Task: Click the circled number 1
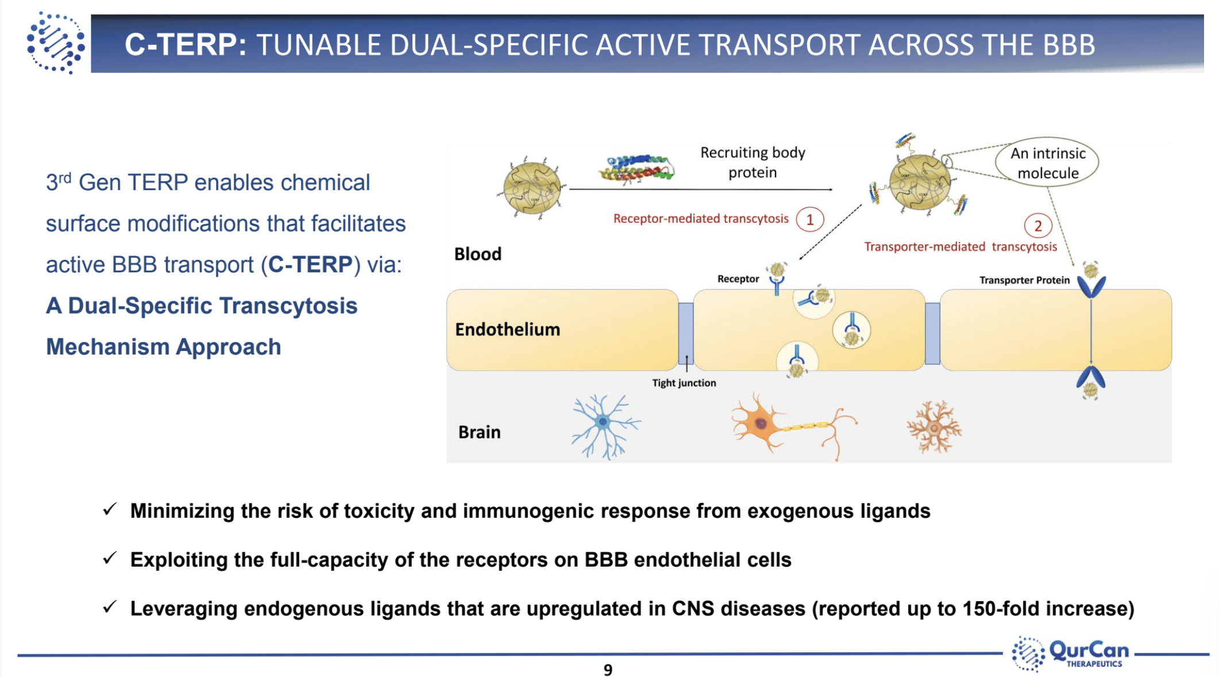809,220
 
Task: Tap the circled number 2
1037,226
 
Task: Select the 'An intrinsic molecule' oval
1047,163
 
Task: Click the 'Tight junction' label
684,383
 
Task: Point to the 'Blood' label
477,254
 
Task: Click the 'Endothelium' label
507,329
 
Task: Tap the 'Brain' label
479,432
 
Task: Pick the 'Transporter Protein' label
1024,280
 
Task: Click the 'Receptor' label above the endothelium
738,279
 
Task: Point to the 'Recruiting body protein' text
753,162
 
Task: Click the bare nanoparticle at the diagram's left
531,187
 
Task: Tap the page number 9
608,670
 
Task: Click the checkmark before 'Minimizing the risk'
110,510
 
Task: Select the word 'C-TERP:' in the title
185,45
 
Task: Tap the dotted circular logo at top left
56,43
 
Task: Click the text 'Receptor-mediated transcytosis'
701,219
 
